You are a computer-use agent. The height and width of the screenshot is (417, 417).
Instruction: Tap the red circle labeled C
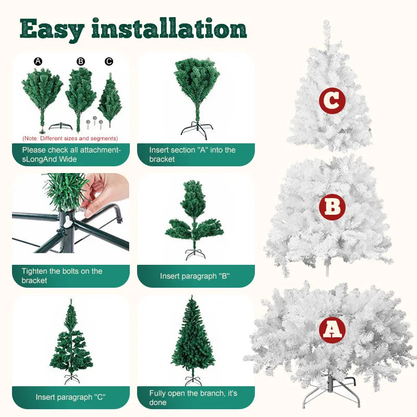tap(332, 101)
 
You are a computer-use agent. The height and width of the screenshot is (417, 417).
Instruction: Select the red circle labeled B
tap(332, 207)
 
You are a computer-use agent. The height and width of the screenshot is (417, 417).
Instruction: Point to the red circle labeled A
tap(332, 329)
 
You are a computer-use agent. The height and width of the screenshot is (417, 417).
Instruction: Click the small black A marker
tap(38, 61)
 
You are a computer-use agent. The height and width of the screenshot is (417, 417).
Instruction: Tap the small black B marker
tap(81, 61)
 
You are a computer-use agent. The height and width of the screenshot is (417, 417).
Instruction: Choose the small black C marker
tap(109, 61)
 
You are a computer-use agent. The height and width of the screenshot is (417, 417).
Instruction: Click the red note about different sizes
tap(70, 138)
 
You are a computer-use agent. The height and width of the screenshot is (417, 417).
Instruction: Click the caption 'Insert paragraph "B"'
tap(195, 276)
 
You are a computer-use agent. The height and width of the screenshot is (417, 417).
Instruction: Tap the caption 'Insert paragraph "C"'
tap(70, 397)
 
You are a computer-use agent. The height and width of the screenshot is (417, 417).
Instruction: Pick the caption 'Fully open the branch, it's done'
tap(195, 397)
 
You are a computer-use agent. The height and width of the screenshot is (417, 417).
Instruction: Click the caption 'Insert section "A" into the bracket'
tap(195, 154)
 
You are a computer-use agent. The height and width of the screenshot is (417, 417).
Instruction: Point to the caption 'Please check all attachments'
tap(70, 154)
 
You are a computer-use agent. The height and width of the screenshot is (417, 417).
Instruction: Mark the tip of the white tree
tap(326, 23)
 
